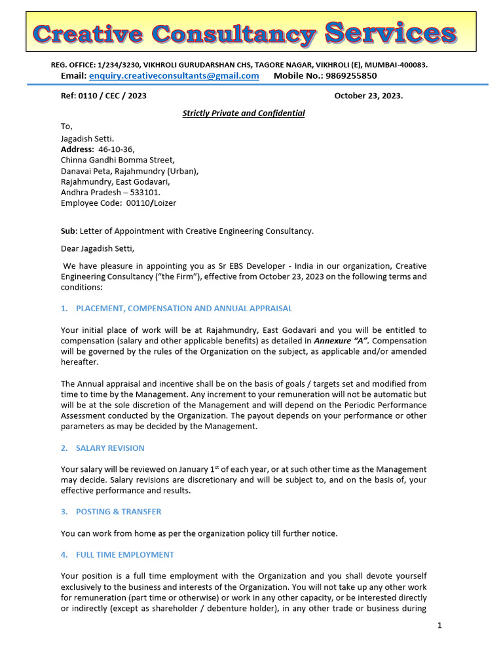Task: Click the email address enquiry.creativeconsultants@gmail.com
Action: pyautogui.click(x=174, y=76)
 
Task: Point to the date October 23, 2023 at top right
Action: pyautogui.click(x=368, y=96)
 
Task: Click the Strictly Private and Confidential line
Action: pyautogui.click(x=244, y=113)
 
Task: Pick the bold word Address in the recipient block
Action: pyautogui.click(x=77, y=149)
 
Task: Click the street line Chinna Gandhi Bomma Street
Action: pyautogui.click(x=117, y=160)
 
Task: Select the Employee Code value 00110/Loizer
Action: pyautogui.click(x=151, y=203)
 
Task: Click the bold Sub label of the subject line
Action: pyautogui.click(x=67, y=231)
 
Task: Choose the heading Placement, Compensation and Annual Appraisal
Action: pyautogui.click(x=184, y=308)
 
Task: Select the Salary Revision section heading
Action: pyautogui.click(x=110, y=448)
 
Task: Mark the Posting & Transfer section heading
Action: pyautogui.click(x=119, y=512)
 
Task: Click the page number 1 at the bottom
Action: pyautogui.click(x=440, y=626)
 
